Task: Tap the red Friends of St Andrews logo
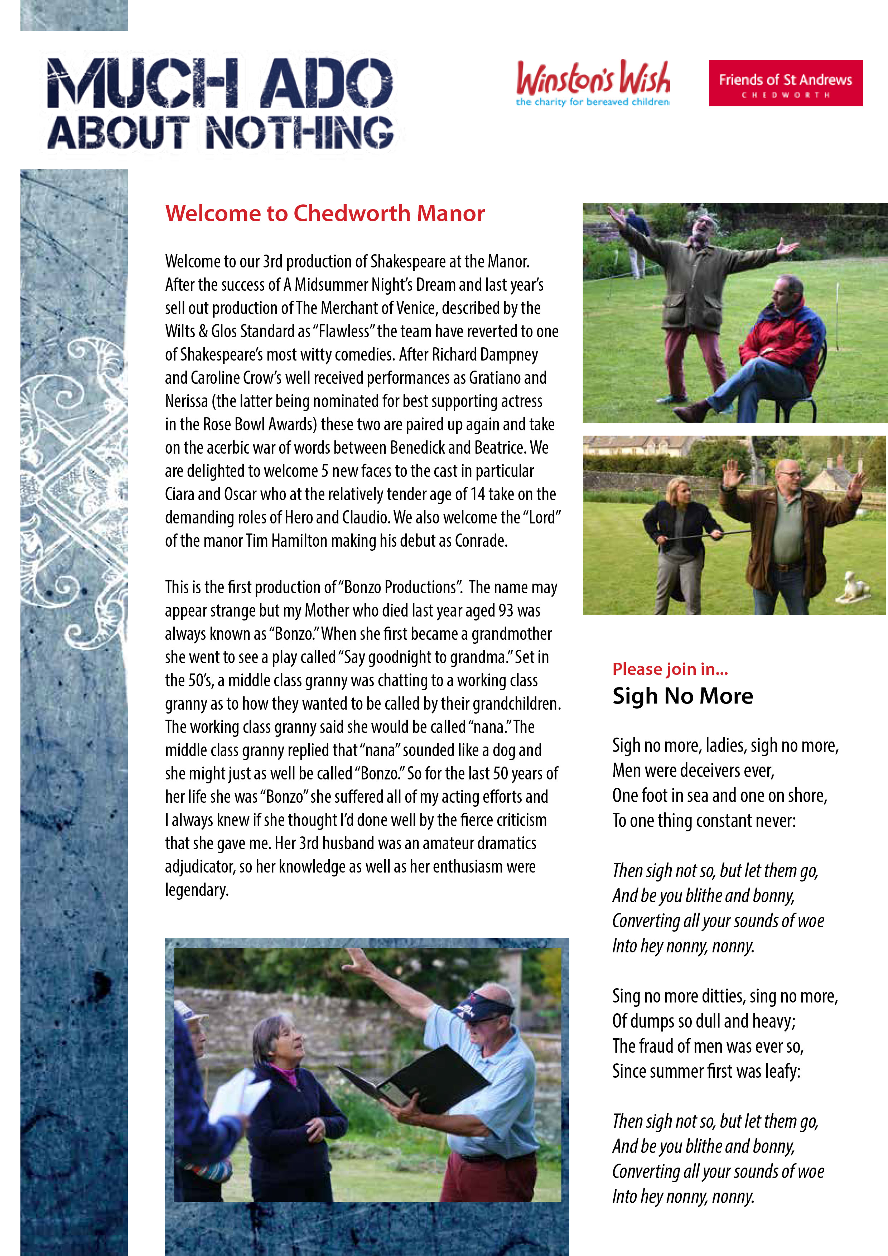(785, 83)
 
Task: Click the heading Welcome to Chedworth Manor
(325, 213)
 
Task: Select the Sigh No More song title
(682, 696)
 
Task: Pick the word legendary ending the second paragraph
(197, 890)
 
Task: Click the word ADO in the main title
(327, 84)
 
